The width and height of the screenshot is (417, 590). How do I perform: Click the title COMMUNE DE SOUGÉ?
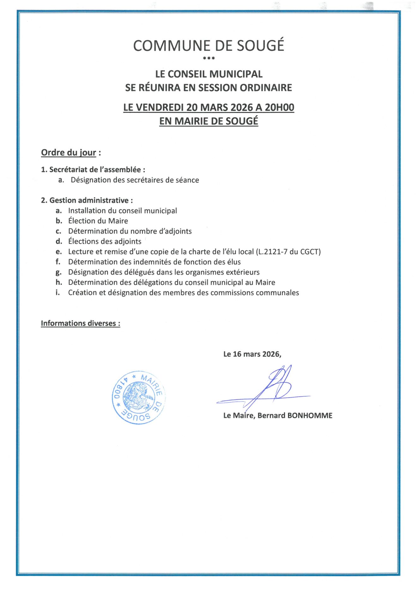tap(208, 46)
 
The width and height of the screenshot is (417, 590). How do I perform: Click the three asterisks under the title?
tap(209, 58)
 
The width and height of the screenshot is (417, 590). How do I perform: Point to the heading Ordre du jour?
tap(69, 153)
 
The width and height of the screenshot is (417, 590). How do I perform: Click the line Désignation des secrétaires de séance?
tap(135, 180)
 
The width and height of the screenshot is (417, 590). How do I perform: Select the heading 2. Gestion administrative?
tap(87, 200)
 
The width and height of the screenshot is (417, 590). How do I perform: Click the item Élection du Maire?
tap(98, 221)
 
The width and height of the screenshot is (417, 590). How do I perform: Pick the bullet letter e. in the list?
tap(58, 252)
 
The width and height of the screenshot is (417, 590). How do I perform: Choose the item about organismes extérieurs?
tap(164, 272)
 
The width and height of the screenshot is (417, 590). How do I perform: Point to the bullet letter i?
tap(57, 293)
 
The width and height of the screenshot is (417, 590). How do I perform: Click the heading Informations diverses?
tap(80, 323)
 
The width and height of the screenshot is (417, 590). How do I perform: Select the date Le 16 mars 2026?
tap(252, 354)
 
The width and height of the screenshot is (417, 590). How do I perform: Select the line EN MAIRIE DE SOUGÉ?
tap(208, 121)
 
